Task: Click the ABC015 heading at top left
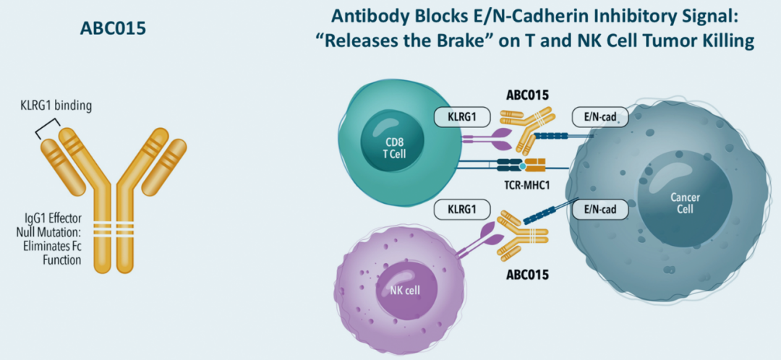114,29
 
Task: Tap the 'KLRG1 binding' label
56,106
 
